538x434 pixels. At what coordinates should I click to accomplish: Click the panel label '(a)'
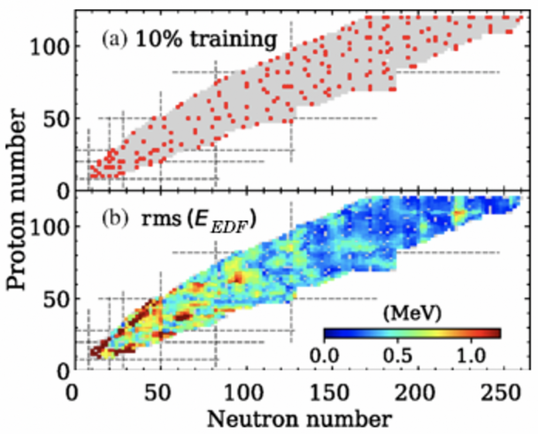tap(114, 40)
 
